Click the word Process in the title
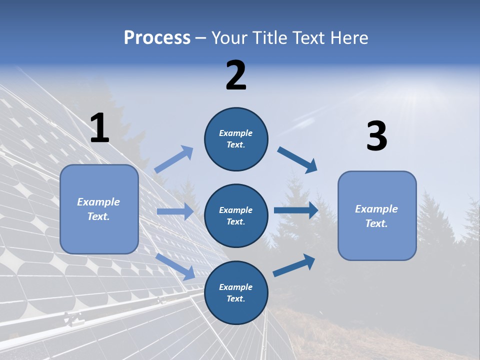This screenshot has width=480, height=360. click(x=157, y=37)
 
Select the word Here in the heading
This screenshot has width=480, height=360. click(x=348, y=37)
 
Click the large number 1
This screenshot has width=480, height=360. click(x=99, y=128)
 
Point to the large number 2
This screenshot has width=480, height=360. click(x=236, y=75)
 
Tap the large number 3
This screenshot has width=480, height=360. click(x=376, y=137)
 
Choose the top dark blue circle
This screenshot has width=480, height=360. click(x=236, y=139)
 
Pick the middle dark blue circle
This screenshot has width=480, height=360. click(x=236, y=216)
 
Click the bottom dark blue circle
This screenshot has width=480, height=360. click(x=236, y=293)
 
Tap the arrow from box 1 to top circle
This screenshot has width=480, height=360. click(x=174, y=159)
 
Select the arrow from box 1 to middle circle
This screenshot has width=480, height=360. click(x=175, y=211)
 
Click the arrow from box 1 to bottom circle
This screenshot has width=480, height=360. click(x=175, y=266)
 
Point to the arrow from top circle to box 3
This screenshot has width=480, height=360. click(x=297, y=159)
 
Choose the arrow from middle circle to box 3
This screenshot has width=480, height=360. click(x=296, y=210)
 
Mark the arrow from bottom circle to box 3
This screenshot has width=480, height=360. click(x=294, y=265)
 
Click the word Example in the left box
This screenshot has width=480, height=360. click(x=98, y=202)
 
